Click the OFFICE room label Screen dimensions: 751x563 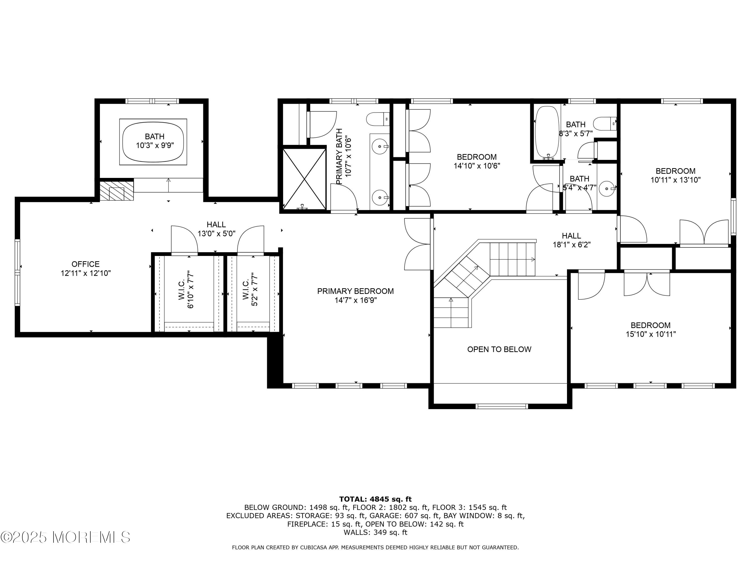pyautogui.click(x=86, y=264)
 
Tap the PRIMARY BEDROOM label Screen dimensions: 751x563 pyautogui.click(x=355, y=291)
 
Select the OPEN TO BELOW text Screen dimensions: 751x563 pyautogui.click(x=499, y=350)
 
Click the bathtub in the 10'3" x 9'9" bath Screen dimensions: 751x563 pyautogui.click(x=153, y=142)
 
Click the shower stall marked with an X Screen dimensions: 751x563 pyautogui.click(x=304, y=178)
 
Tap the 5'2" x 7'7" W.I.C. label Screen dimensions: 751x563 pyautogui.click(x=250, y=290)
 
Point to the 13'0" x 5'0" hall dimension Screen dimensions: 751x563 pyautogui.click(x=217, y=234)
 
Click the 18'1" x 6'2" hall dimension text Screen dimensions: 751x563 pyautogui.click(x=572, y=244)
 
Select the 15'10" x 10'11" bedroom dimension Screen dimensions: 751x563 pyautogui.click(x=651, y=334)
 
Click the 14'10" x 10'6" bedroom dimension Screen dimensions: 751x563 pyautogui.click(x=477, y=166)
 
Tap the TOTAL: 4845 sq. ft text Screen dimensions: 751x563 pyautogui.click(x=375, y=499)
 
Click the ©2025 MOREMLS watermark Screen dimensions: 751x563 pyautogui.click(x=65, y=537)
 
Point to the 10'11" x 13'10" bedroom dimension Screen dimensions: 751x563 pyautogui.click(x=676, y=180)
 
